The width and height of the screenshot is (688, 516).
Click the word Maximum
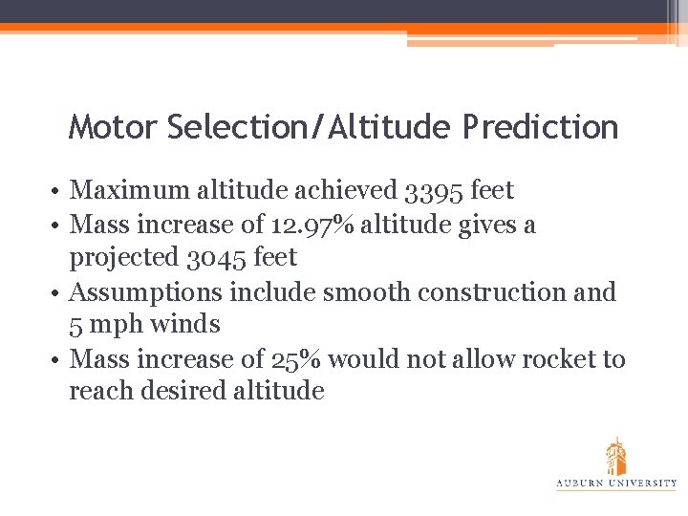coord(130,191)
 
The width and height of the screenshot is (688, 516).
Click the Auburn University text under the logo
coord(616,484)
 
